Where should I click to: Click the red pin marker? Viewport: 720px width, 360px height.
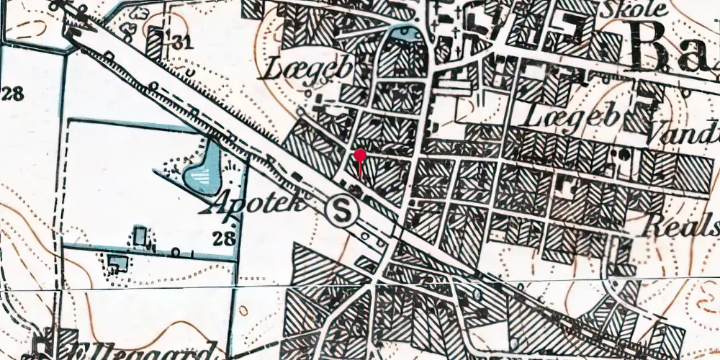pyautogui.click(x=360, y=155)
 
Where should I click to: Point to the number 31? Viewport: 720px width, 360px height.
pyautogui.click(x=182, y=42)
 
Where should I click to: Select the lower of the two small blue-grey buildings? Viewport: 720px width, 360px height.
pyautogui.click(x=118, y=263)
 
